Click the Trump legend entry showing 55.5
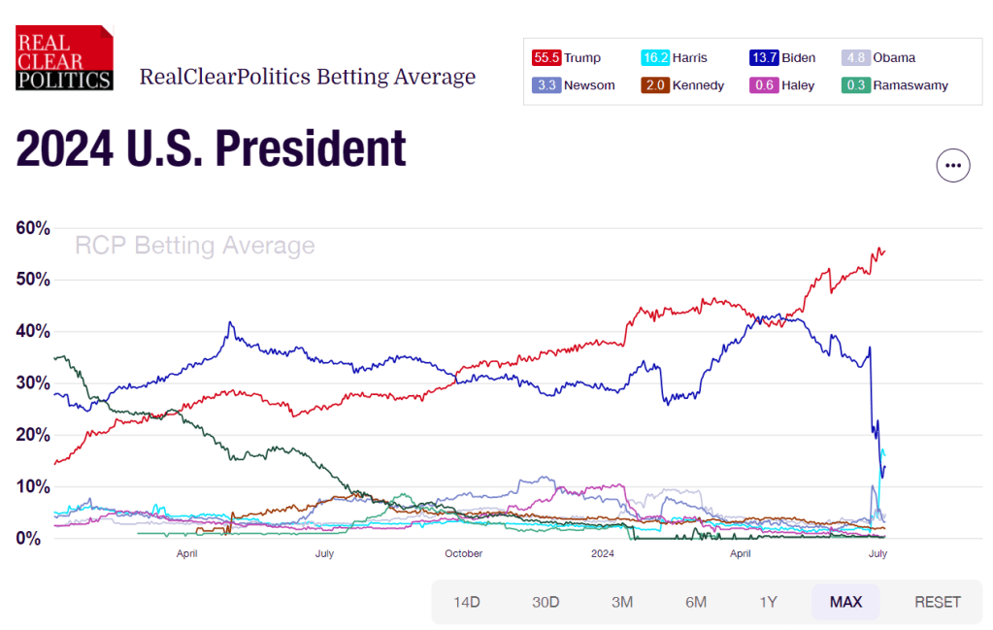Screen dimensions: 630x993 point(567,58)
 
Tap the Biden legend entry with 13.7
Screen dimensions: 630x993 point(782,58)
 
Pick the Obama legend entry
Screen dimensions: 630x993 point(878,58)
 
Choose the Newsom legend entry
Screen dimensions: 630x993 point(574,85)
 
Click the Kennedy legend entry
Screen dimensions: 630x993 point(683,85)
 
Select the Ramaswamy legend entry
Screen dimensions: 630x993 point(894,85)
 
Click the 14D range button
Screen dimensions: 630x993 point(467,602)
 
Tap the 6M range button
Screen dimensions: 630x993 point(696,602)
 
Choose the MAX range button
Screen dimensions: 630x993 point(845,602)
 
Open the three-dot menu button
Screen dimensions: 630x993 point(953,166)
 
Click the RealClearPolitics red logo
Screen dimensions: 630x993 point(64,58)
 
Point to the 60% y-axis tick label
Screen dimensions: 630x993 point(33,228)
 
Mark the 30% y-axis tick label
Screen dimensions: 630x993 point(33,383)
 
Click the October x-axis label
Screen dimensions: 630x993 point(463,554)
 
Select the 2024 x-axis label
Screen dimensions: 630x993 point(603,554)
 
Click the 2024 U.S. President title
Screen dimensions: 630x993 point(212,149)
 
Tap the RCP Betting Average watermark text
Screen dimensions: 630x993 point(195,246)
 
